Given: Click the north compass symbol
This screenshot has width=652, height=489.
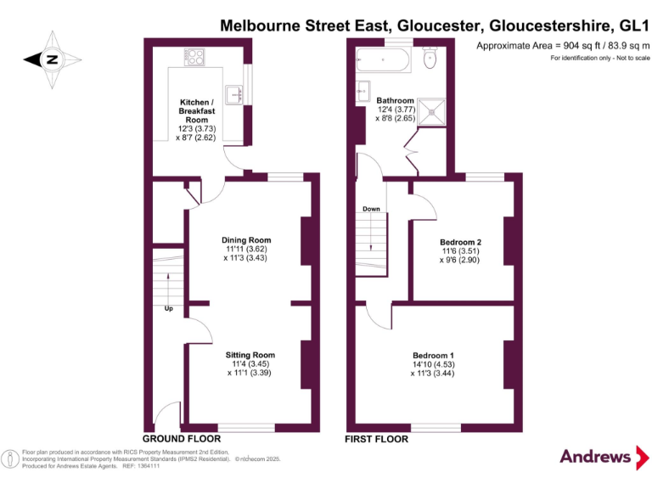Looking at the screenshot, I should tap(52, 59).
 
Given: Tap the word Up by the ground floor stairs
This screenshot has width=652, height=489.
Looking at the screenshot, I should tap(168, 308).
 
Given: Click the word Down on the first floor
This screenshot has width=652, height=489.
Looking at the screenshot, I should tap(371, 209).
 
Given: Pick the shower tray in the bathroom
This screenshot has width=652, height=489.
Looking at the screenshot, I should tap(434, 108).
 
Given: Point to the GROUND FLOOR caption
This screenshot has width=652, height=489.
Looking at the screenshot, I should tap(181, 439).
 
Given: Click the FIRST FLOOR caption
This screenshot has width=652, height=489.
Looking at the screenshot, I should tap(376, 439).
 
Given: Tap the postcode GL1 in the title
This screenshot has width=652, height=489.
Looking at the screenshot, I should tap(632, 25).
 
